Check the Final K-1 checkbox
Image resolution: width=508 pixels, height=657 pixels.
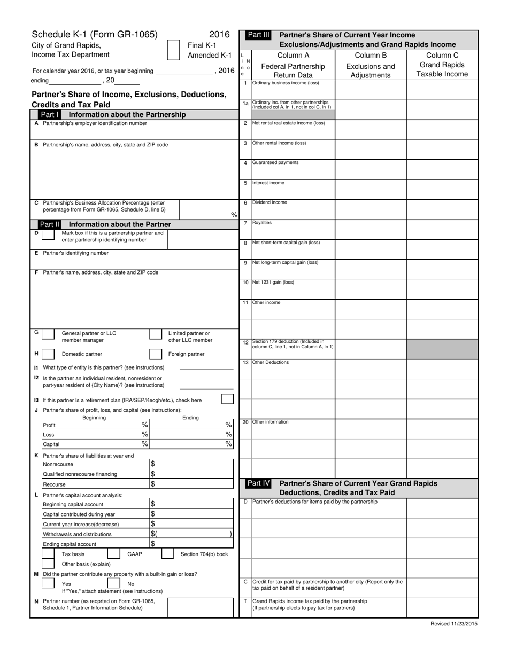click(174, 45)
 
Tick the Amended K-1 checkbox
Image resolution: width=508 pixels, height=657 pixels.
click(174, 54)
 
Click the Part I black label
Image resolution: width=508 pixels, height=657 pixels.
click(50, 114)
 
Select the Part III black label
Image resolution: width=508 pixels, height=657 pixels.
click(259, 35)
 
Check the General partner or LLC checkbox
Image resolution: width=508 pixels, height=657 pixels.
click(48, 334)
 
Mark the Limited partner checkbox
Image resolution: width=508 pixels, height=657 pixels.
click(155, 334)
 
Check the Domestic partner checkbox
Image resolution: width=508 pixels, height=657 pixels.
click(48, 354)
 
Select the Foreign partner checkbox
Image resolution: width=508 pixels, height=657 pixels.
click(155, 354)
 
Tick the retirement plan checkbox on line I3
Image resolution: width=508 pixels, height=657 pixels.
click(227, 399)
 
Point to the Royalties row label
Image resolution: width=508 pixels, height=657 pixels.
click(262, 223)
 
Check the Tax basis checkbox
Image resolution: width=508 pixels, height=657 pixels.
click(48, 554)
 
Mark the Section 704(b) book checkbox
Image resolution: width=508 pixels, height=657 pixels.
click(167, 554)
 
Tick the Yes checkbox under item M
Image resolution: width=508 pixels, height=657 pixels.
click(48, 584)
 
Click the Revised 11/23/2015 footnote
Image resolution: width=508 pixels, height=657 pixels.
click(454, 623)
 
